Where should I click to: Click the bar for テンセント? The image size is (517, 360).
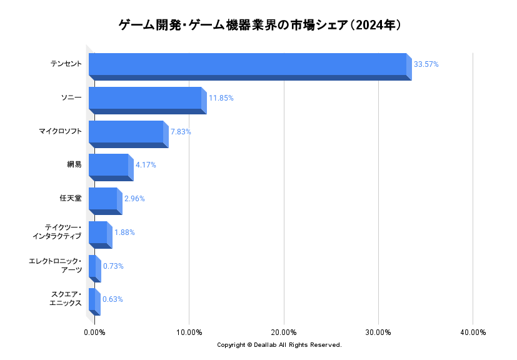click(x=248, y=64)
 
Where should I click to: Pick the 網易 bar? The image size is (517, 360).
click(x=109, y=165)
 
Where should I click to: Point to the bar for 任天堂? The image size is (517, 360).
click(x=103, y=199)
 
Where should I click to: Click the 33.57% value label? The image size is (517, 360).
click(x=426, y=64)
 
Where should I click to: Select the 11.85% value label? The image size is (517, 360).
click(x=221, y=98)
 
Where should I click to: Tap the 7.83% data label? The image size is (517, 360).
click(x=181, y=132)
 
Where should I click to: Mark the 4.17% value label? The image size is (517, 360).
click(x=146, y=165)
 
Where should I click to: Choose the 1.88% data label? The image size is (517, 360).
click(x=124, y=232)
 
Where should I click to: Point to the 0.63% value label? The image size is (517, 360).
click(x=113, y=299)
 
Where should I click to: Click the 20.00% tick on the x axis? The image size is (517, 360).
click(x=284, y=332)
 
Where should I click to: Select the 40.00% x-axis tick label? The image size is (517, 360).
click(x=473, y=332)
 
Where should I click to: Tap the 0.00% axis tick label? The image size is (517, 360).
click(x=94, y=332)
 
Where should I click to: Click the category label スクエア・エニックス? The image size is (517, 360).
click(x=66, y=299)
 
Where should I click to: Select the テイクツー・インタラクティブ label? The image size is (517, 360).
click(x=57, y=231)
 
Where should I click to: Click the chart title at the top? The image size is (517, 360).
click(x=259, y=26)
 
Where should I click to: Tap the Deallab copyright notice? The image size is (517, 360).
click(x=279, y=345)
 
